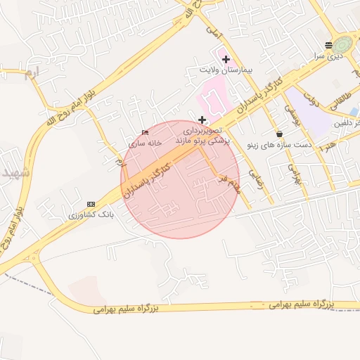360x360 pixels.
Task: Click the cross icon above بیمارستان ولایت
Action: pos(225,60)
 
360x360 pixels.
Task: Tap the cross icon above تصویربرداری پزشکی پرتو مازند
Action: pos(202,120)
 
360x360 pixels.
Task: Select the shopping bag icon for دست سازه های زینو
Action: pos(280,133)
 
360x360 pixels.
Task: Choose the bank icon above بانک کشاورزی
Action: pos(90,203)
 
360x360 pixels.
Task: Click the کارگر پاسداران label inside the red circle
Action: pos(148,176)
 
